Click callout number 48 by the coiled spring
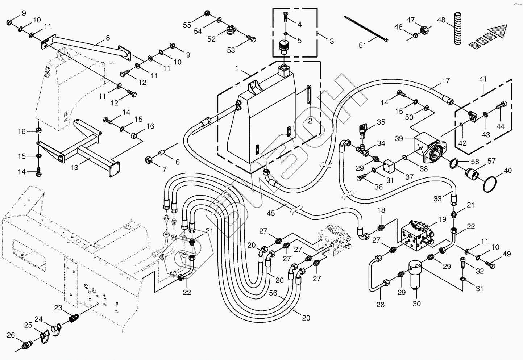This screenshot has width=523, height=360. click(441, 20)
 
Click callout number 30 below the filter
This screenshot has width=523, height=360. click(417, 304)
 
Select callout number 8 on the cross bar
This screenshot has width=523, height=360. click(108, 37)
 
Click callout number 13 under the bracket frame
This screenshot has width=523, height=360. click(74, 168)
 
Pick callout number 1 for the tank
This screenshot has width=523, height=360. click(237, 68)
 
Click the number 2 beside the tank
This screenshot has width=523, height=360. click(310, 121)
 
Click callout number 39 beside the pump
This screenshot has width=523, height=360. click(399, 139)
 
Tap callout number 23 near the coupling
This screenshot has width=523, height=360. click(58, 307)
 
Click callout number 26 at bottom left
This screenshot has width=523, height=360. click(11, 335)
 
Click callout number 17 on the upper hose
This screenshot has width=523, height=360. click(445, 81)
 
